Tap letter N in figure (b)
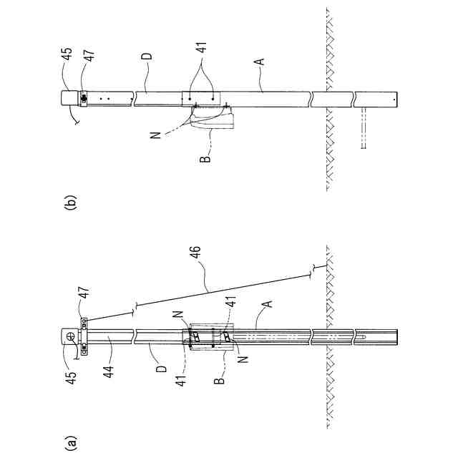[156, 133]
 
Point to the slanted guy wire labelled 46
[215, 290]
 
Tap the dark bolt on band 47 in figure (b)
[83, 98]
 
